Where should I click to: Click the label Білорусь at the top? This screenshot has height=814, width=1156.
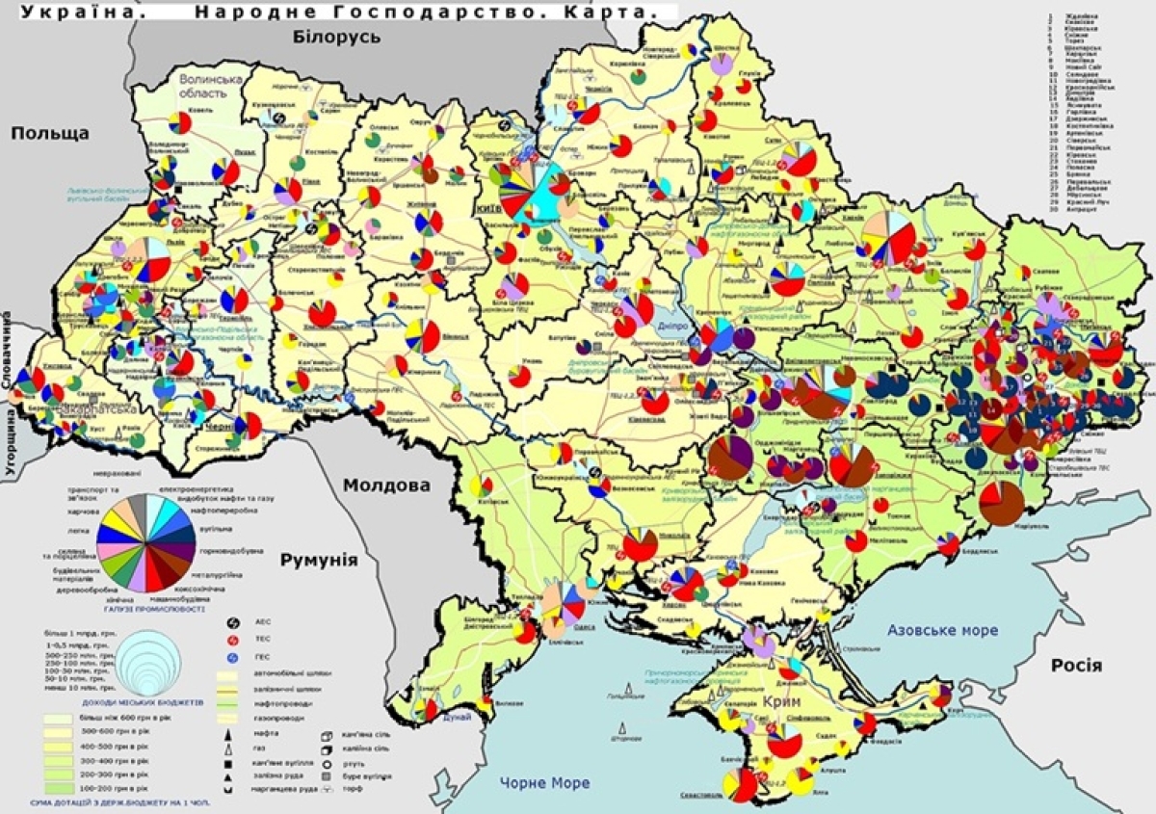point(336,36)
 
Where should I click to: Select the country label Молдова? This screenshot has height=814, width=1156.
point(387,485)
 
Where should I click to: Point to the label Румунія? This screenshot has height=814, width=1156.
point(318,561)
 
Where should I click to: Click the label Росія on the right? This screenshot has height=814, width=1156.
point(1076,666)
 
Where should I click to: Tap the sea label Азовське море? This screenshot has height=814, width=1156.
point(941,630)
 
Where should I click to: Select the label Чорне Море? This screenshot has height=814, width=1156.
point(544,782)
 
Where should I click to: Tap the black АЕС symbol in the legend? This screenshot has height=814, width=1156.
point(231,624)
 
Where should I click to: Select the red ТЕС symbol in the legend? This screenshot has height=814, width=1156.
point(231,640)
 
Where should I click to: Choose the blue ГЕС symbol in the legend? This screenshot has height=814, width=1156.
point(231,657)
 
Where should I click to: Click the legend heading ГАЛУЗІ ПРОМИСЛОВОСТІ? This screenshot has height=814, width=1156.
point(150,609)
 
